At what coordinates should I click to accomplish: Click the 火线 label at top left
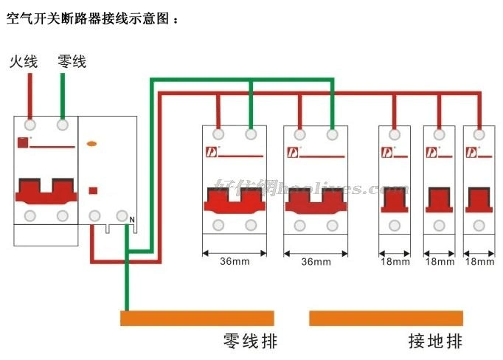coord(23,62)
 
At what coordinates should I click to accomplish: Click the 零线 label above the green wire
coord(72,62)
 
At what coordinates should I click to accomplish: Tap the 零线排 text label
coord(250,342)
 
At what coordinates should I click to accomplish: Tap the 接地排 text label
coord(436,342)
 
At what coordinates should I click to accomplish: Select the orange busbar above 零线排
coord(197,318)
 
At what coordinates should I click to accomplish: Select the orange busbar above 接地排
coord(386,318)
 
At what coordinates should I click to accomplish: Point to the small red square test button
coord(93,190)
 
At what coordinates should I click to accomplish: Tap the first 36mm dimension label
coord(235,262)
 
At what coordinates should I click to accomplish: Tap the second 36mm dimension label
coord(316,262)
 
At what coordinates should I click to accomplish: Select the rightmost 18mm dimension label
coord(480,262)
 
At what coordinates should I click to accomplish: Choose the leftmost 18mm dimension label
coord(395,262)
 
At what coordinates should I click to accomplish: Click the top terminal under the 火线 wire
coord(30,124)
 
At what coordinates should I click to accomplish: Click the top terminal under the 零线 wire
coord(63,124)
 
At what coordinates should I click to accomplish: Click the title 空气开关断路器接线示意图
coord(91,19)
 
